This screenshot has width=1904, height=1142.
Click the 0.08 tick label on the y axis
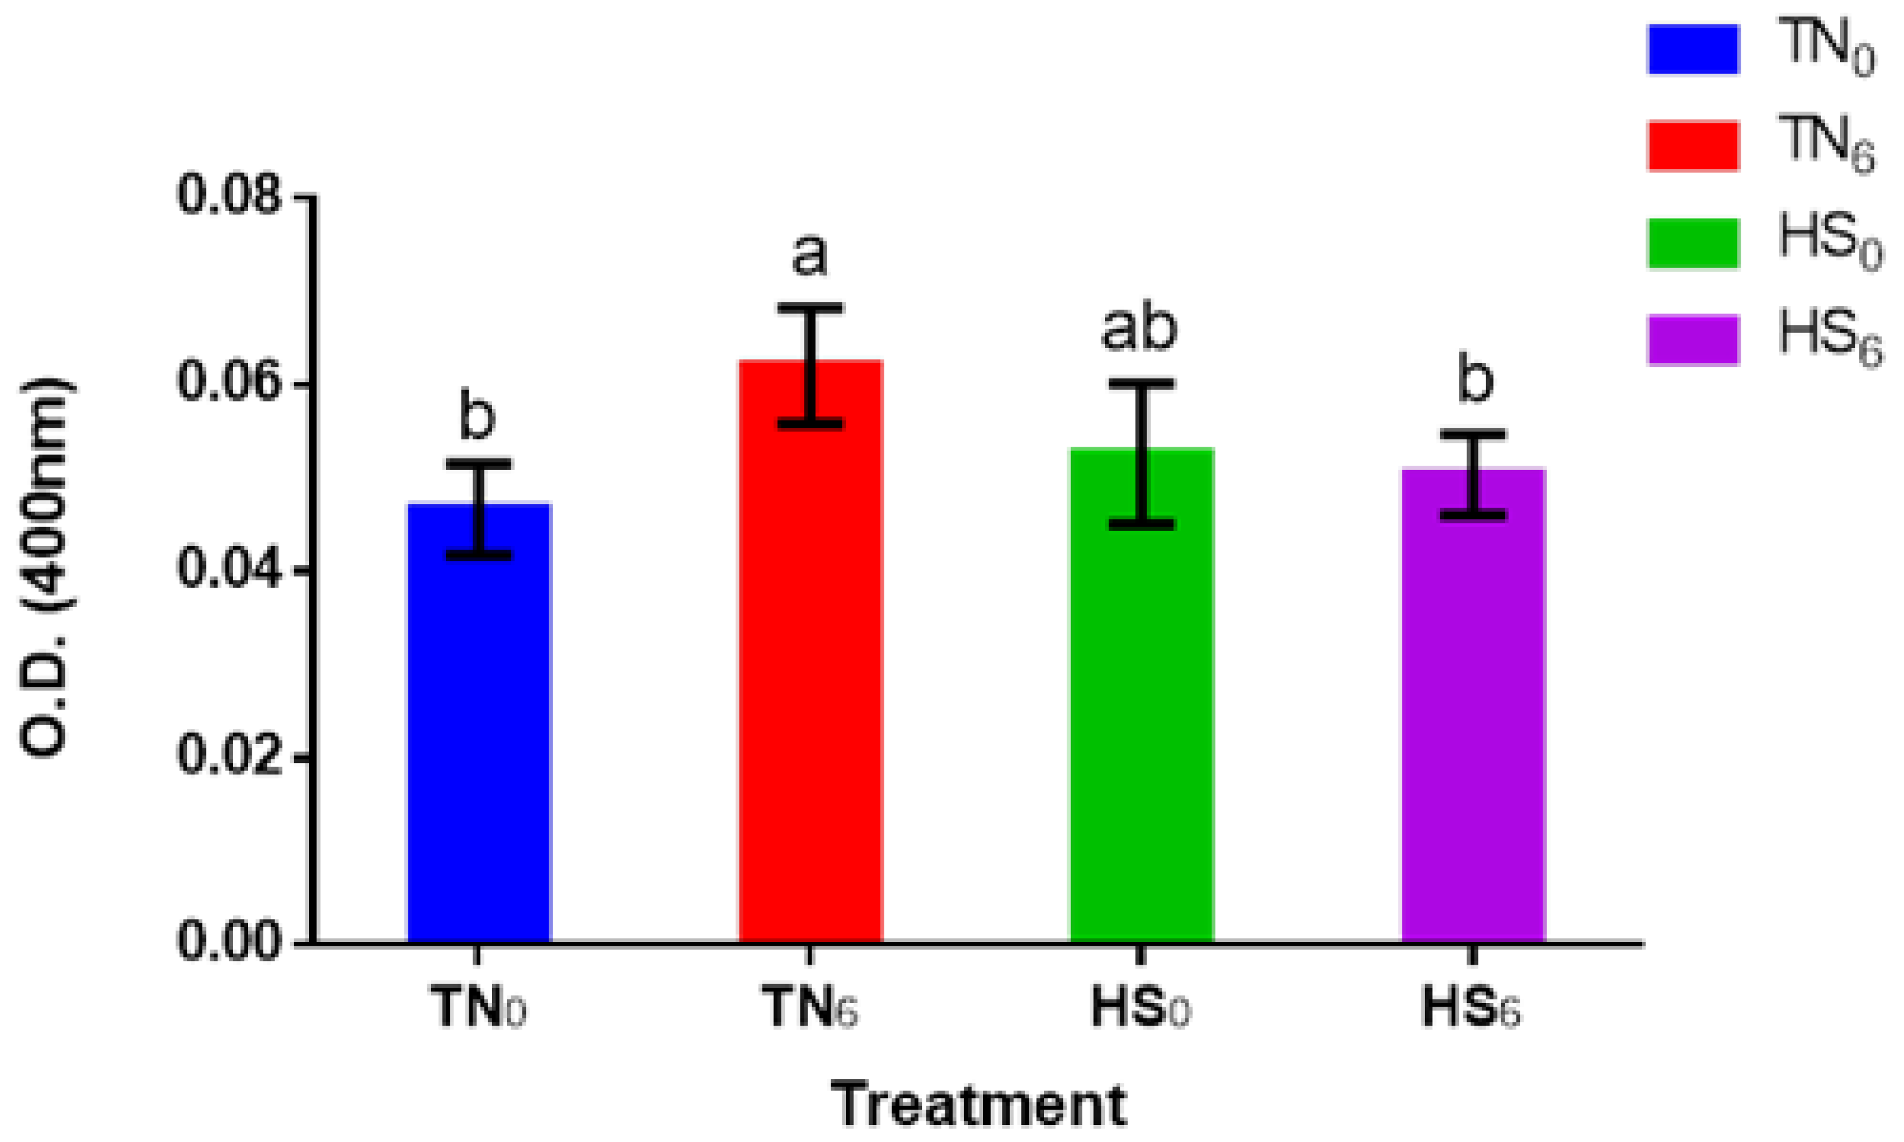[x=229, y=196]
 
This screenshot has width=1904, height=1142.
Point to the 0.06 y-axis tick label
[x=229, y=383]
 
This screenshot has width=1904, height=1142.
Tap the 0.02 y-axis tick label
[x=229, y=756]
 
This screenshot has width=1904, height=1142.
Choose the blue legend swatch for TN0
[x=1693, y=49]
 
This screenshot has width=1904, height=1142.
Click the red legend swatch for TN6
[x=1693, y=146]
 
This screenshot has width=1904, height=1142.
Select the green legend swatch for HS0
[x=1693, y=243]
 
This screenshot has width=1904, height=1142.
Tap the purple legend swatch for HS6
[x=1693, y=339]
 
